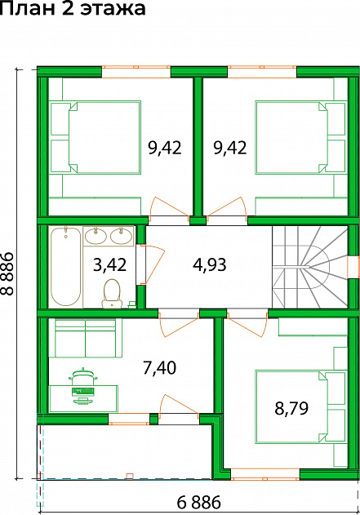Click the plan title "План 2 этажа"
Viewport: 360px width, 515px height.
point(73,8)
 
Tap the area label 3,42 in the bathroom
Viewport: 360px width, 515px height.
point(109,265)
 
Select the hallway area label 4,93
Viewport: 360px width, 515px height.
point(210,264)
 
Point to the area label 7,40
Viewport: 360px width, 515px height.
point(160,367)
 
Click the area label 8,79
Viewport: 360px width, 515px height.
point(291,409)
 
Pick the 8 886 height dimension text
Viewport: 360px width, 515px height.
point(7,273)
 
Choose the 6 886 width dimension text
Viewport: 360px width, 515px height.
point(199,502)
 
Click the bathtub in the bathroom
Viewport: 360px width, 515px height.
point(65,267)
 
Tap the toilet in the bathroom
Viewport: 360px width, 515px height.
point(112,294)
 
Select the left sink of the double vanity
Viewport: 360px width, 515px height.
point(96,236)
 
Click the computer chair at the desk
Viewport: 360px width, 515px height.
point(82,379)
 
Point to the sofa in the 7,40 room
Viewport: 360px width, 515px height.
point(86,338)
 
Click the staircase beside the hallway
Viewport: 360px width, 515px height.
point(309,267)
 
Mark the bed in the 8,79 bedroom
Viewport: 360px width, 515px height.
point(301,406)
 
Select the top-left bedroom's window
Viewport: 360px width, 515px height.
point(136,72)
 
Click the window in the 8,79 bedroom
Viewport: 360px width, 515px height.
point(265,474)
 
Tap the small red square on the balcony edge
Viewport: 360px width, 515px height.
point(130,476)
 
